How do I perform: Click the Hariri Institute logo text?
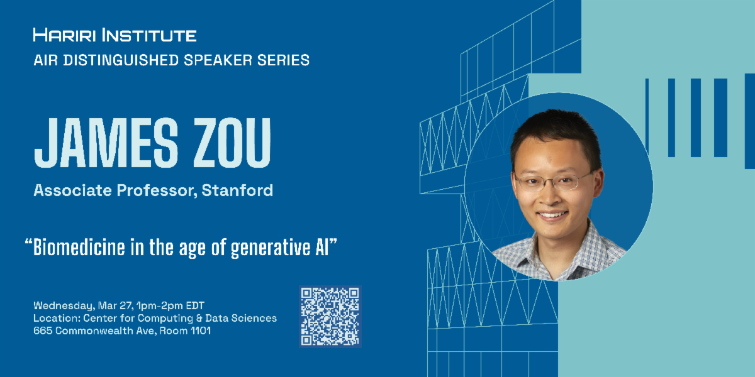click(115, 35)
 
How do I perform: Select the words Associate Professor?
click(116, 190)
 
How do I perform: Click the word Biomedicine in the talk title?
click(75, 247)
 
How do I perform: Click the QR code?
click(330, 316)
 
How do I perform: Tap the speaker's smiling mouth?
click(553, 215)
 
